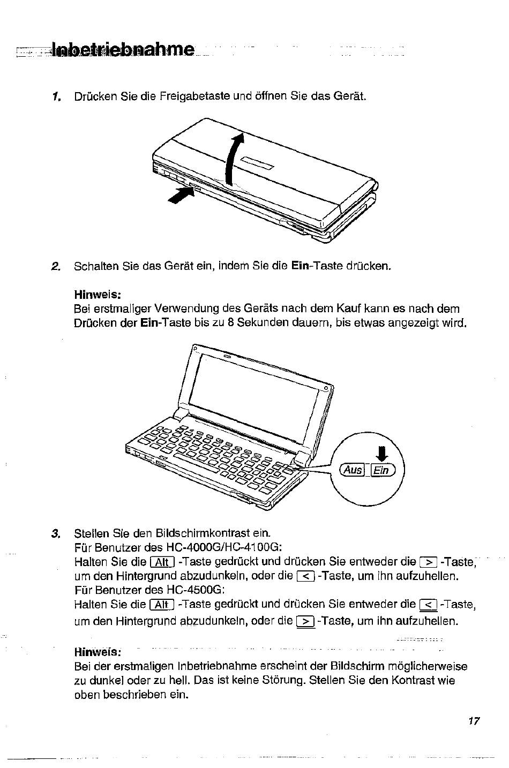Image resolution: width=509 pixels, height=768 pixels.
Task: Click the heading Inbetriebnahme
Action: tap(123, 49)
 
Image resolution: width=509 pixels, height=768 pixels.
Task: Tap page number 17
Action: tap(474, 721)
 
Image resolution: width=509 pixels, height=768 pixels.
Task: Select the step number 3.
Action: tap(56, 534)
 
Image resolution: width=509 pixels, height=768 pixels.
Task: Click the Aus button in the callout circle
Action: tap(352, 470)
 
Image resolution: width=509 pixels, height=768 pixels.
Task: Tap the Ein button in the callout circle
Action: tap(383, 470)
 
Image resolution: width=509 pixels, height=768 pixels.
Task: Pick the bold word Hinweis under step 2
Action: tap(98, 295)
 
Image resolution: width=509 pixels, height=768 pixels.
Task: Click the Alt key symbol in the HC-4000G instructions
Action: tap(162, 563)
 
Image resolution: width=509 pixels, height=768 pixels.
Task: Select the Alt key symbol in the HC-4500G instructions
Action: tap(162, 605)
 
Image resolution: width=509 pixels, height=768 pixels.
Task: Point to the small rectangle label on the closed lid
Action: tap(257, 163)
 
